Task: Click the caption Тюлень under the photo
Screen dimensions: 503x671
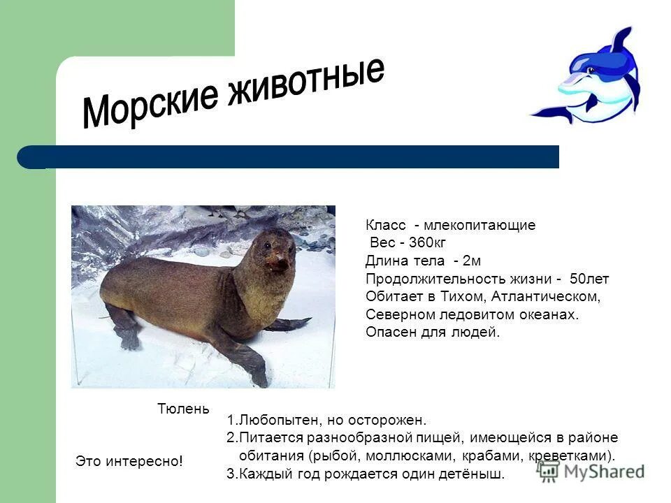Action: (x=183, y=409)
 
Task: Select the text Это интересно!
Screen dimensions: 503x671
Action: (x=129, y=461)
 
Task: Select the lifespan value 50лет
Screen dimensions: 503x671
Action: (x=589, y=279)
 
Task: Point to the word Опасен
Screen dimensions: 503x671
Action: (x=388, y=333)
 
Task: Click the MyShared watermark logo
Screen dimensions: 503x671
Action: (x=591, y=472)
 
